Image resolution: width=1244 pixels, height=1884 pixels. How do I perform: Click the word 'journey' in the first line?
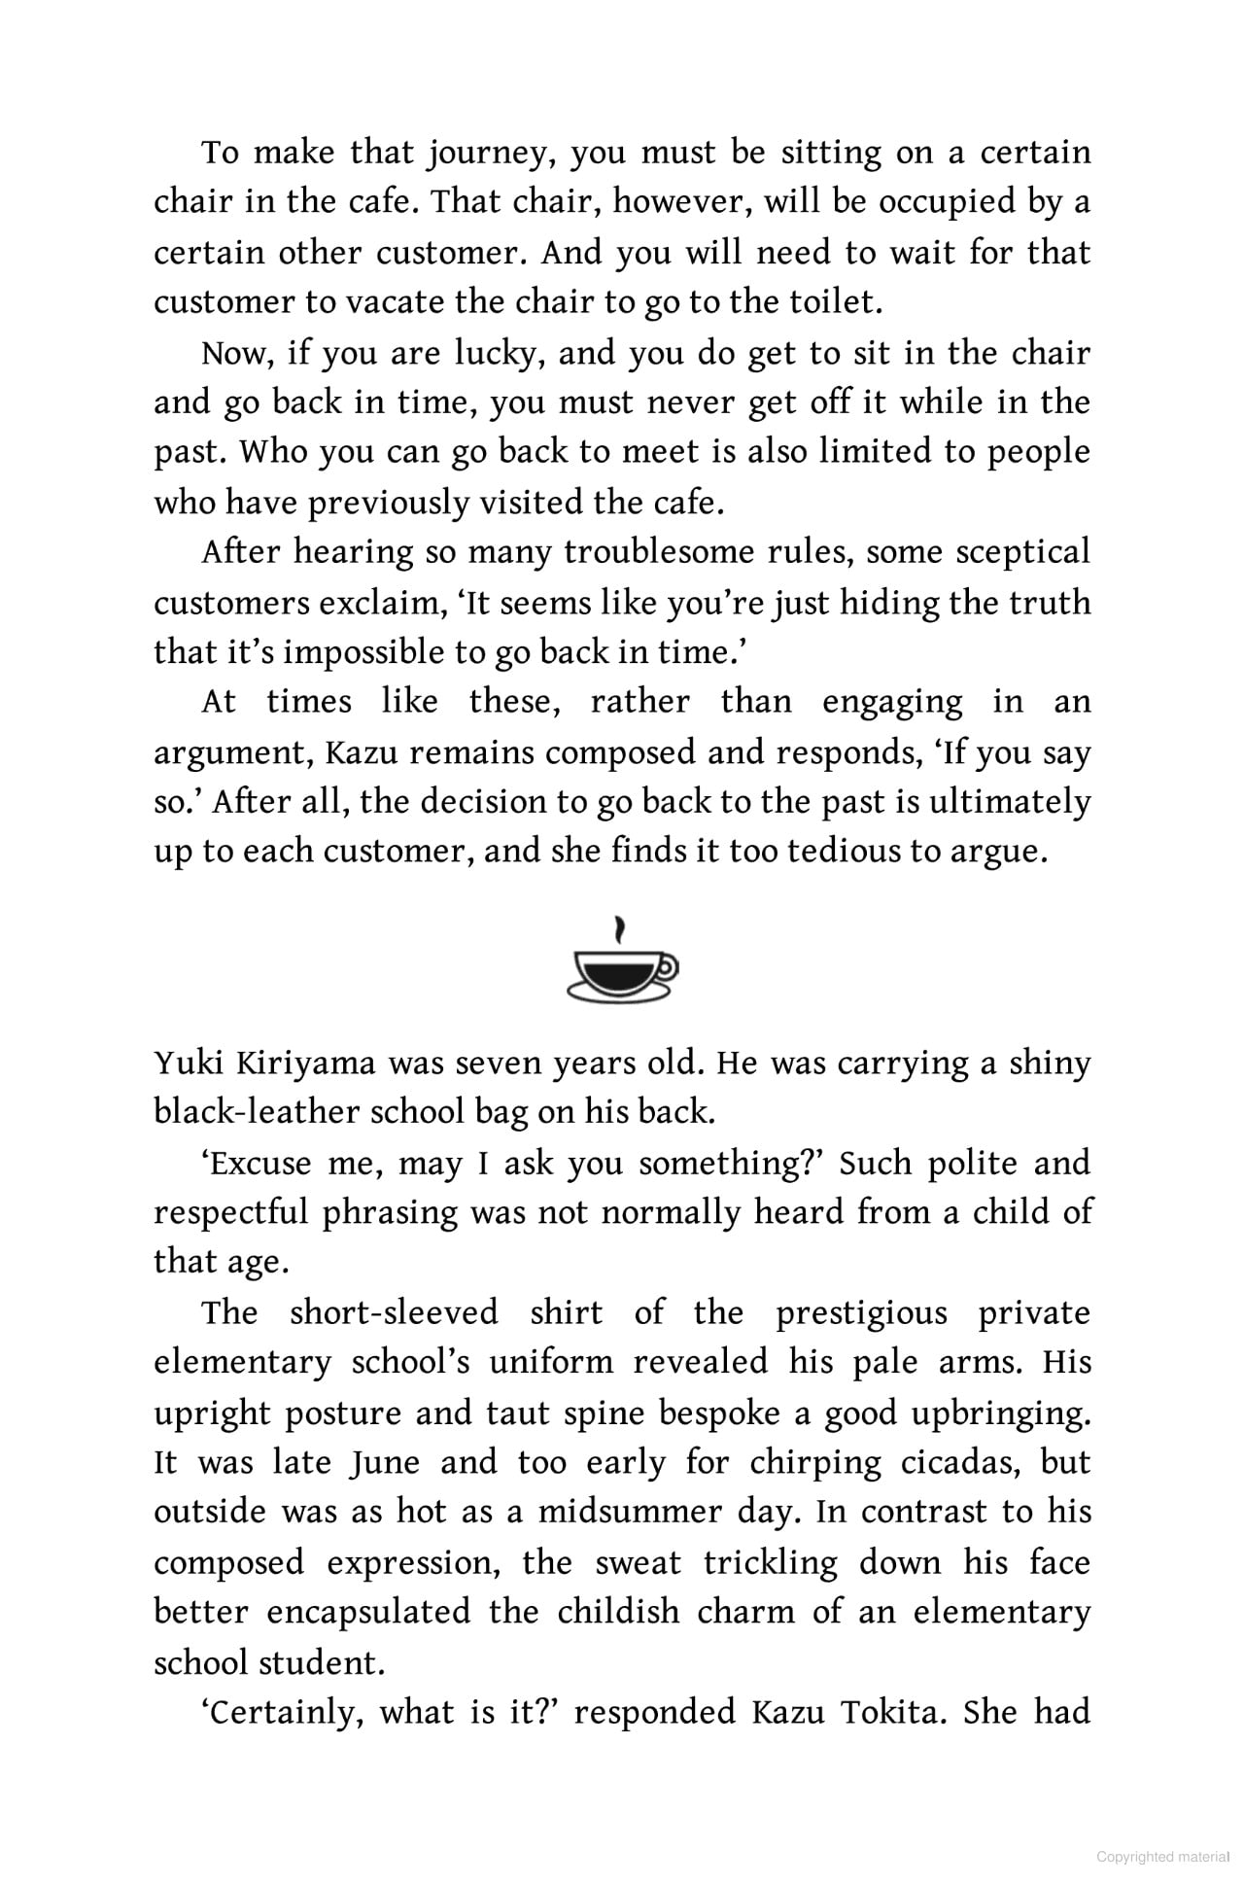(491, 154)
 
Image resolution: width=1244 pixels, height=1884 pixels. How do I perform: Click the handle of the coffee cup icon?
(667, 966)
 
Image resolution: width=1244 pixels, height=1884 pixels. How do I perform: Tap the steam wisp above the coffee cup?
(620, 930)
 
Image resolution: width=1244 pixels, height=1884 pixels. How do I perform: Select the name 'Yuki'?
(187, 1064)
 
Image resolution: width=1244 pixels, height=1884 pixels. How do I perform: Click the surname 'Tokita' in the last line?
(897, 1712)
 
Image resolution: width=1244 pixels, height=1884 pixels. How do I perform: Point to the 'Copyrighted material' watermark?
(1162, 1857)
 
